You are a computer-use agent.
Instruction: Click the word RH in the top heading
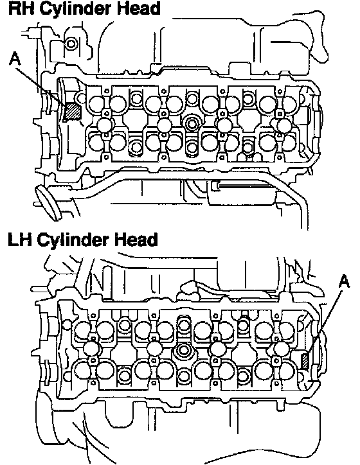(21, 8)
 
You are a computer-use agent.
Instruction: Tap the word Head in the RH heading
(139, 8)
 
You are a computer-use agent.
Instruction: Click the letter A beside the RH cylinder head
(15, 58)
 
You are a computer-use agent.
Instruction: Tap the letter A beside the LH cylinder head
(344, 281)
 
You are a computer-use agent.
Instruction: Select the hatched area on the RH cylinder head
(73, 112)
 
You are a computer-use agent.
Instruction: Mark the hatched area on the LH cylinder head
(305, 361)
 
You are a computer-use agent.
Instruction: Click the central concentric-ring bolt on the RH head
(192, 123)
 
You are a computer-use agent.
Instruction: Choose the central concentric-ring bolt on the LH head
(182, 350)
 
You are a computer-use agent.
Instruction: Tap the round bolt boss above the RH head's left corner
(71, 44)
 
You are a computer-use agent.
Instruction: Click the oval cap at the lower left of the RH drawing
(48, 203)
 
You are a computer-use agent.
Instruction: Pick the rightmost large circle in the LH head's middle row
(281, 349)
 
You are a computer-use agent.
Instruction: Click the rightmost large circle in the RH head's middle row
(283, 125)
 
